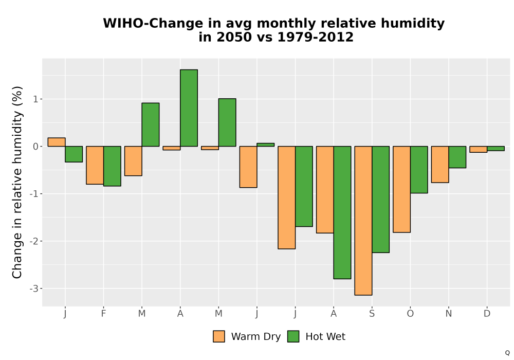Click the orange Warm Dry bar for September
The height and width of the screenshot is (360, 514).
[363, 221]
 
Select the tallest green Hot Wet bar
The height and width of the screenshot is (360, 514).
[189, 108]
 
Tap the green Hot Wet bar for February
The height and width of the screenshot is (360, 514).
[112, 166]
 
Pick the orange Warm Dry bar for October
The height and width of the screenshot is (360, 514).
[401, 189]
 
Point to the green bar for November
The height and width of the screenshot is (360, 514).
[457, 157]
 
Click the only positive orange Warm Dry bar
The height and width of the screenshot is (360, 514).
[57, 142]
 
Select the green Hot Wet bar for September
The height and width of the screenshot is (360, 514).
[380, 200]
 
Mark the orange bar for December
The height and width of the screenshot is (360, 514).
[478, 149]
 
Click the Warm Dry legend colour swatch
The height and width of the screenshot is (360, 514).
[219, 336]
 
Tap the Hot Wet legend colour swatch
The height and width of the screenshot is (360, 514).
[293, 336]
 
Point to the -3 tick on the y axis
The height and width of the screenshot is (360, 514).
[34, 289]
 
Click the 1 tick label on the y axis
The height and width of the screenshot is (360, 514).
[36, 99]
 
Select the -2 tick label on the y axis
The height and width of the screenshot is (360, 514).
[34, 241]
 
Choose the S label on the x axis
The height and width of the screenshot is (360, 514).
[372, 314]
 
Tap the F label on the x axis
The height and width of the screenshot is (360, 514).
[104, 314]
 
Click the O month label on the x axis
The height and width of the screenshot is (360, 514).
[410, 314]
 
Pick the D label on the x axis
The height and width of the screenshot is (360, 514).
[487, 314]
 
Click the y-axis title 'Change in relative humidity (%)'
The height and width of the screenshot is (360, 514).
[17, 182]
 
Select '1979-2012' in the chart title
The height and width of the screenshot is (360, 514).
[316, 37]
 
